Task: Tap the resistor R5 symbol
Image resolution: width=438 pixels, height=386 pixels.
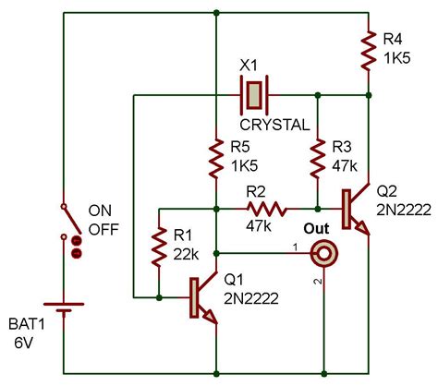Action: point(215,159)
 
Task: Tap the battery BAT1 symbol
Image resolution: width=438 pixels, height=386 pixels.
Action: point(66,320)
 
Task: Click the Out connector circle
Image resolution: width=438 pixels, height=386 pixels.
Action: point(323,251)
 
